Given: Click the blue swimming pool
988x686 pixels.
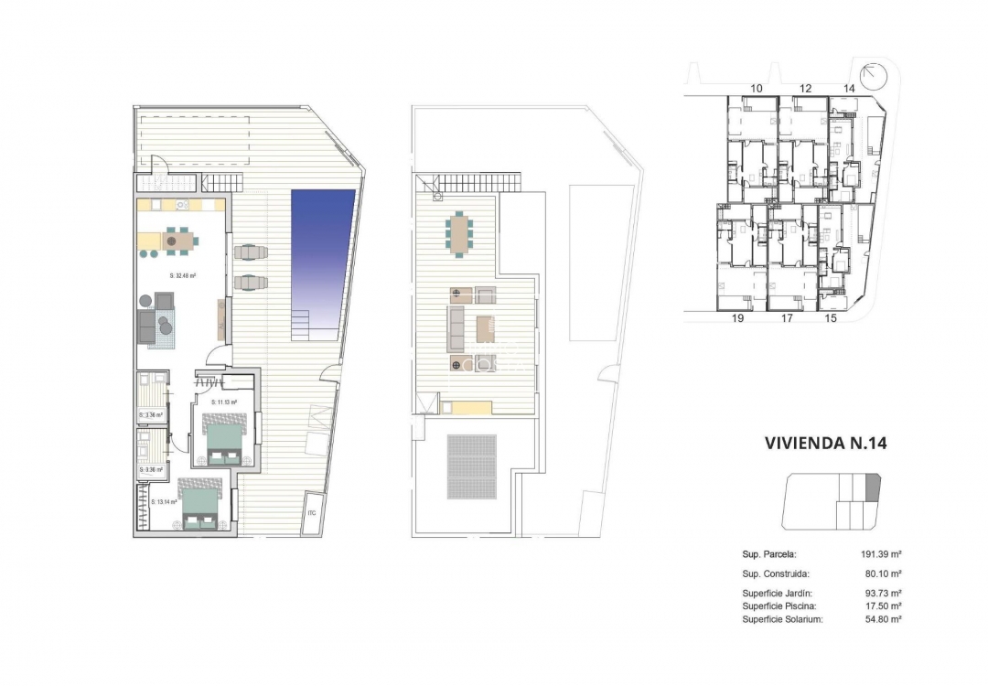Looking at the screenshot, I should (321, 252).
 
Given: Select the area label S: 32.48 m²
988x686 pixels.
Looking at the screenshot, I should (185, 275).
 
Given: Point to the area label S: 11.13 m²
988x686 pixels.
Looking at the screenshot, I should (224, 402).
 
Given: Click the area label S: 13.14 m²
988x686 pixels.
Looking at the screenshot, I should (166, 501).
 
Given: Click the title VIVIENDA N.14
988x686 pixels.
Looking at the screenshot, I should (826, 444).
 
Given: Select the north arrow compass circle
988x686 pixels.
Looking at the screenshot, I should (872, 74).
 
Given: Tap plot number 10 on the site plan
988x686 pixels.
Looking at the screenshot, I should (756, 88).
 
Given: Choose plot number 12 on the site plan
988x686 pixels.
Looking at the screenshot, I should (805, 88).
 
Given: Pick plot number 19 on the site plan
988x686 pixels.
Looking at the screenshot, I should (737, 320).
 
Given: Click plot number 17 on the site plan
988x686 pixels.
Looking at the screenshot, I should (787, 320).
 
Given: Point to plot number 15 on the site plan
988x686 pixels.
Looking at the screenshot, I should (831, 319).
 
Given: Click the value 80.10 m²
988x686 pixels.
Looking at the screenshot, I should (881, 574).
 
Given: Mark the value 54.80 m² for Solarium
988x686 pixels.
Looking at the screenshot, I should (881, 619).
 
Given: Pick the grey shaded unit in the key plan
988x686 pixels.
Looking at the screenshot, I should (871, 487).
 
